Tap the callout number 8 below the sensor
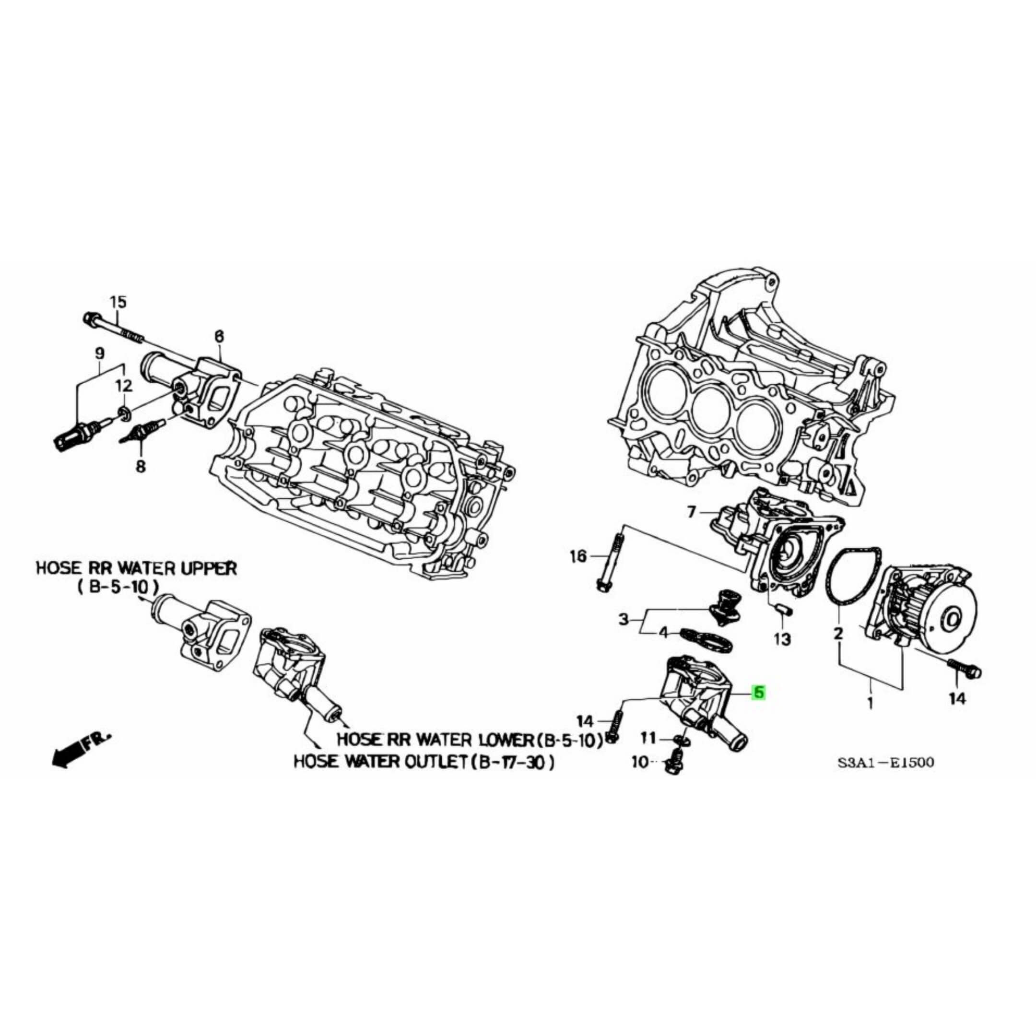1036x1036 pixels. (x=140, y=467)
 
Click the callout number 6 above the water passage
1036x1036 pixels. (x=219, y=336)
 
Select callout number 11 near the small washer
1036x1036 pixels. (x=649, y=739)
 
